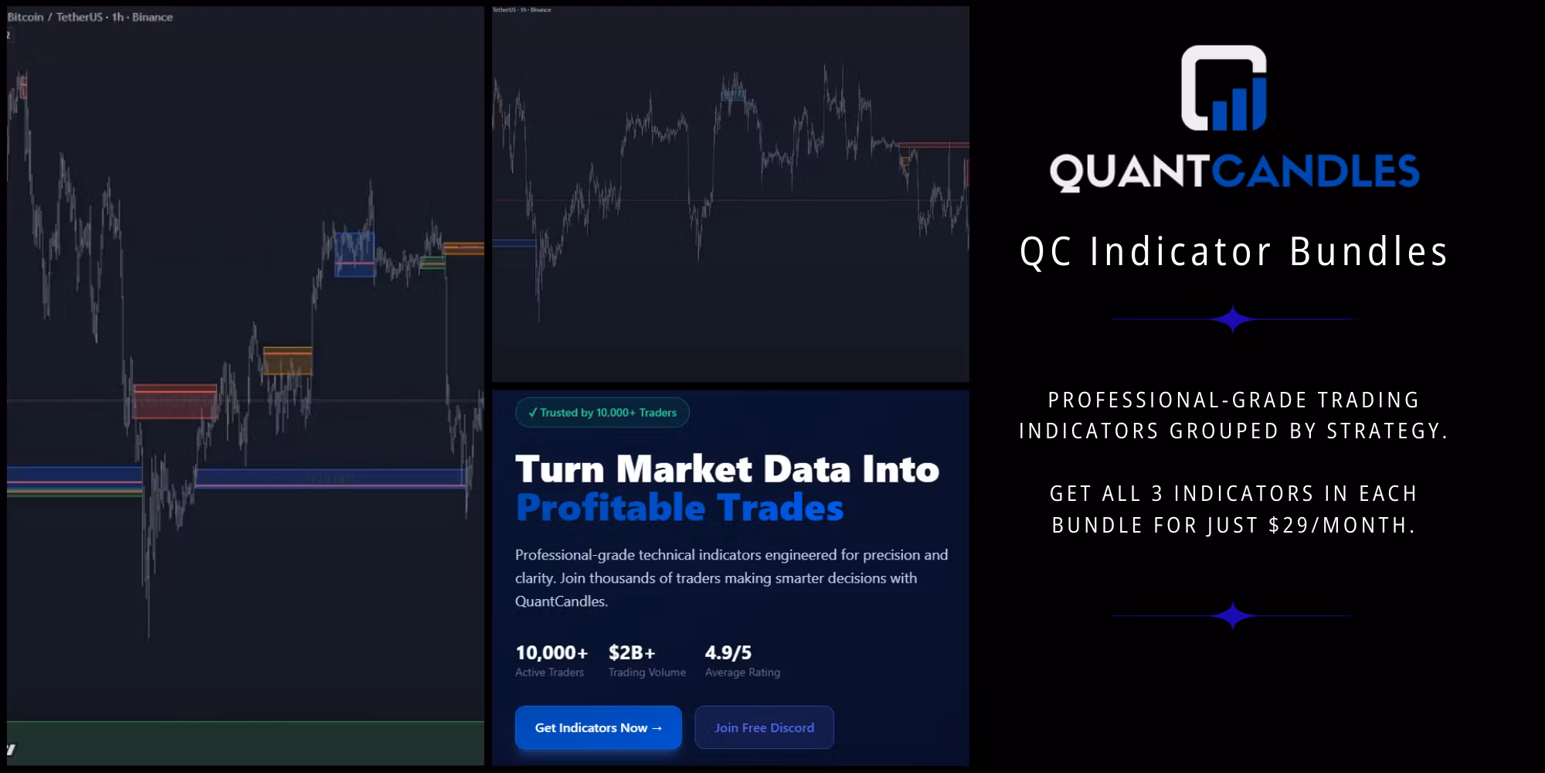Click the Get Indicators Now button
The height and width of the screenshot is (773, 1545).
coord(598,727)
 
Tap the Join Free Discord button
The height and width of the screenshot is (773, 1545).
coord(764,727)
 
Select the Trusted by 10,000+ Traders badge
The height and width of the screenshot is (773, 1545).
coord(602,413)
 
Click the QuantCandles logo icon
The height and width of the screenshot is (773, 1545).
coord(1224,88)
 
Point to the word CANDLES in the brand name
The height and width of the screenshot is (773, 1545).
coord(1316,172)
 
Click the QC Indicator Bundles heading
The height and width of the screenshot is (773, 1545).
coord(1234,252)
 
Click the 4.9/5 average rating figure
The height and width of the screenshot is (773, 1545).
coord(728,652)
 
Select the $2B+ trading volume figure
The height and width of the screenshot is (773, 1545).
coord(631,652)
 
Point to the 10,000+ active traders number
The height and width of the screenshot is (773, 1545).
coord(551,652)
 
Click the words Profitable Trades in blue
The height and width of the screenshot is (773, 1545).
coord(679,508)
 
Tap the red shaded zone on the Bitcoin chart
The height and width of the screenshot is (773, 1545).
coord(175,401)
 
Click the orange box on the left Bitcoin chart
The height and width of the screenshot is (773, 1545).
coord(287,361)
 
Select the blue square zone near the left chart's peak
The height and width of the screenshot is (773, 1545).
coord(354,254)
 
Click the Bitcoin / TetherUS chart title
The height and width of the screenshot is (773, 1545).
coord(90,17)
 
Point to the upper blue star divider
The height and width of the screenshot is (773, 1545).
coord(1232,319)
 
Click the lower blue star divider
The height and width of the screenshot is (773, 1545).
coord(1232,616)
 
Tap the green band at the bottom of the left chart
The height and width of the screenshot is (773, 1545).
coord(246,742)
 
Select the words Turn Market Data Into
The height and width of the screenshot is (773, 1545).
coord(726,469)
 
